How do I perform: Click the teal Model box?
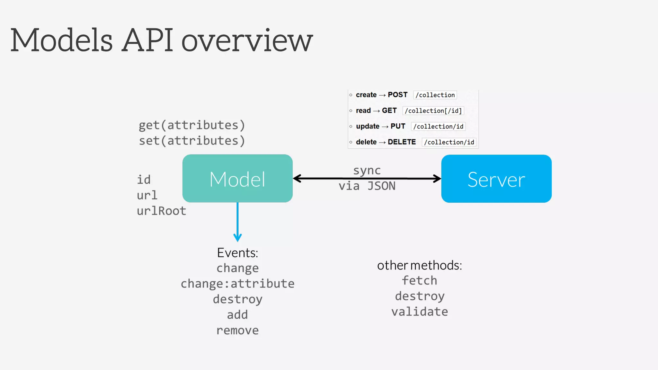pos(237,179)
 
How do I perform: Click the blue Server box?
pos(496,179)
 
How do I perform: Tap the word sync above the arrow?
pos(367,170)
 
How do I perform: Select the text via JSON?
pos(367,186)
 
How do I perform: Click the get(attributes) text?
pos(192,125)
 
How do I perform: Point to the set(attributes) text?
pos(192,141)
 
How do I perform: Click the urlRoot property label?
pos(161,211)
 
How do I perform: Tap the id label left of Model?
pos(144,180)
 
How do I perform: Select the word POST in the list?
pos(397,95)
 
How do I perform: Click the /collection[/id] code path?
pos(433,111)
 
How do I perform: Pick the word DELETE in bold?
pos(402,142)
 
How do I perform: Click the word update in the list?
pos(368,126)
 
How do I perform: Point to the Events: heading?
pos(237,253)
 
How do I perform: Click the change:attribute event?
pos(237,284)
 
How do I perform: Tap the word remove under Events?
pos(237,330)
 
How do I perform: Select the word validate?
pos(420,312)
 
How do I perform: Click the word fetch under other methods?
pos(420,280)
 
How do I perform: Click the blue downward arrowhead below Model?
pos(237,238)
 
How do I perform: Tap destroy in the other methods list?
pos(420,296)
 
